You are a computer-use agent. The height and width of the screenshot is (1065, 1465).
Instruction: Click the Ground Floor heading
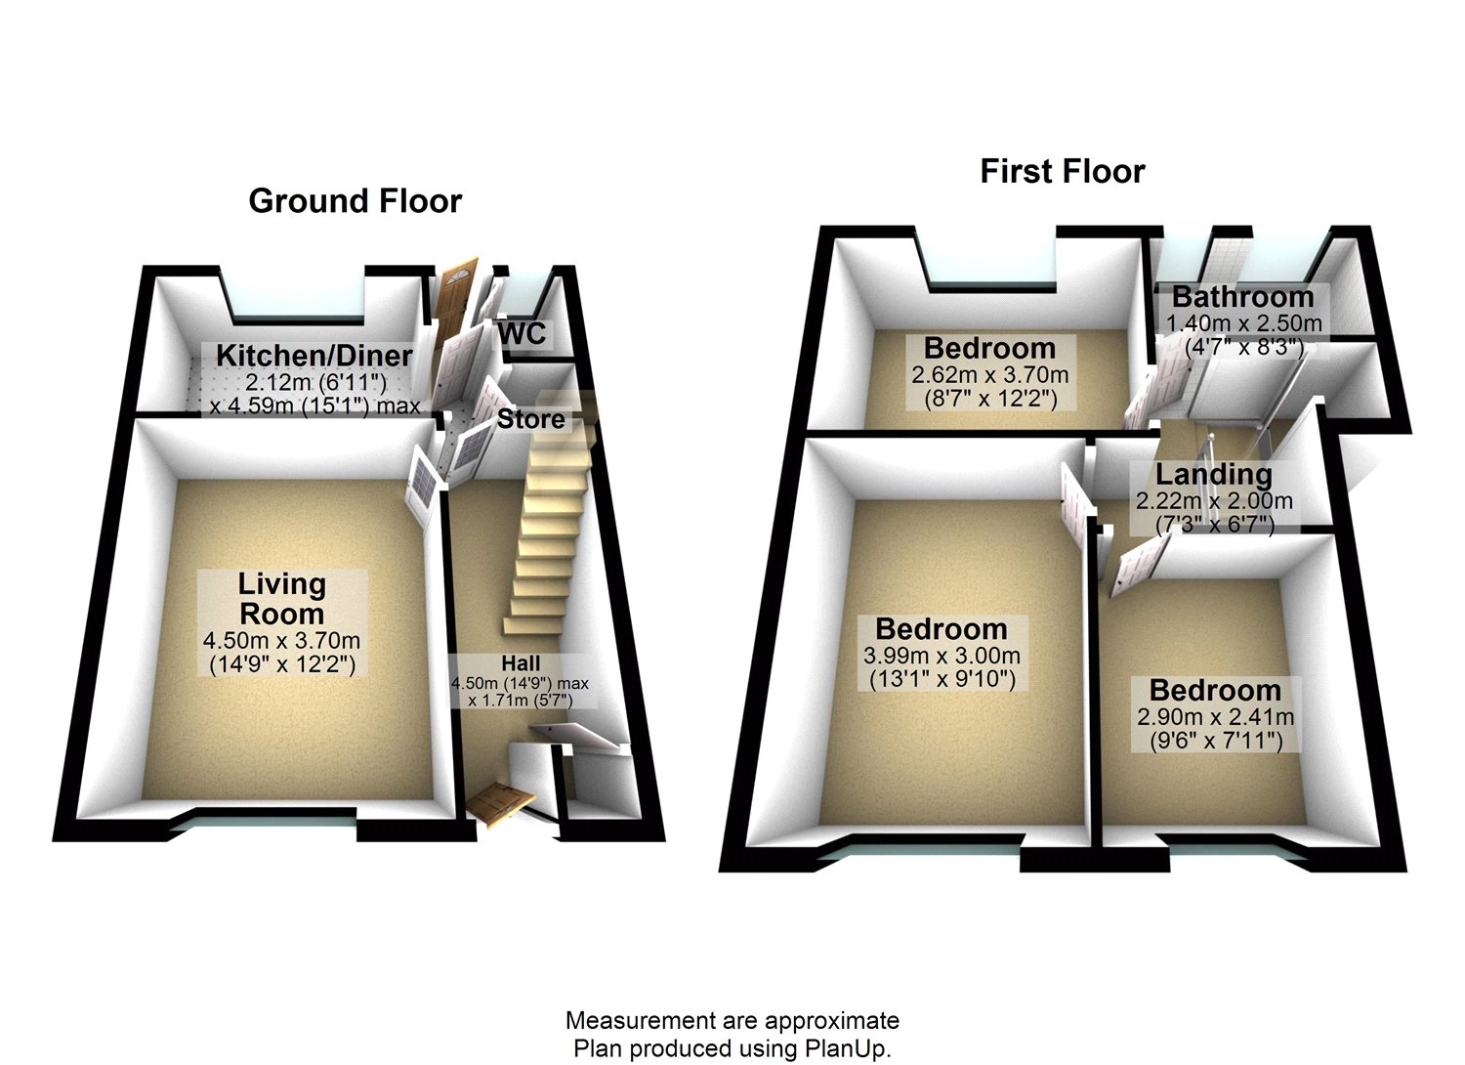tap(355, 201)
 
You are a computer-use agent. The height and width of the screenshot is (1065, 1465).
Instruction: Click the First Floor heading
tap(1062, 172)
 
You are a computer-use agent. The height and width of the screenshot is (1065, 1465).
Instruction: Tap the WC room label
tap(522, 333)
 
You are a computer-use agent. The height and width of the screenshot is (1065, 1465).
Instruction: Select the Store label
tap(530, 419)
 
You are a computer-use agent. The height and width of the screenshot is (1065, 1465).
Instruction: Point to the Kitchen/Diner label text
tap(314, 356)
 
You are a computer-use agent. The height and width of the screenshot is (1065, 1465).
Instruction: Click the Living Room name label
tap(282, 599)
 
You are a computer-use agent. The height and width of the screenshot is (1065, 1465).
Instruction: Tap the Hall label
tap(521, 663)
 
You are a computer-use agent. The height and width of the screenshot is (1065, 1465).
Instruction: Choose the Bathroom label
tap(1242, 297)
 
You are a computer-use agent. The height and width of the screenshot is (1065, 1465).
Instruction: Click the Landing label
tap(1213, 475)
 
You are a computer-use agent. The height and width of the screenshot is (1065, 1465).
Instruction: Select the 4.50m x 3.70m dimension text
tap(282, 642)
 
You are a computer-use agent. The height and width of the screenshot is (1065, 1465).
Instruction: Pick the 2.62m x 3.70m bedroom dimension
tap(989, 375)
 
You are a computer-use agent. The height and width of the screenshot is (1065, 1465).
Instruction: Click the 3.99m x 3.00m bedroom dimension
tap(942, 657)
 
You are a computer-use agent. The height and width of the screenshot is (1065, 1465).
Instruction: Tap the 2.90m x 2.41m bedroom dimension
tap(1215, 717)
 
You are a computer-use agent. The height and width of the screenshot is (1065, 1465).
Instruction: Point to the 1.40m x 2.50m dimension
tap(1243, 323)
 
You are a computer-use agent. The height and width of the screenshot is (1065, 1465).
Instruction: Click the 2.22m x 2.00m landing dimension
tap(1213, 502)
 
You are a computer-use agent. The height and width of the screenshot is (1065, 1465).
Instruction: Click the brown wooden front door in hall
tap(501, 802)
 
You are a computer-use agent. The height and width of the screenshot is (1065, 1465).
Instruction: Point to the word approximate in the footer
tap(831, 1022)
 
